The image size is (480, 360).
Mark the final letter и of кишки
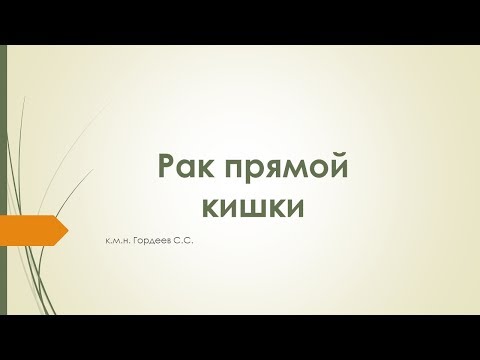coord(293,204)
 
